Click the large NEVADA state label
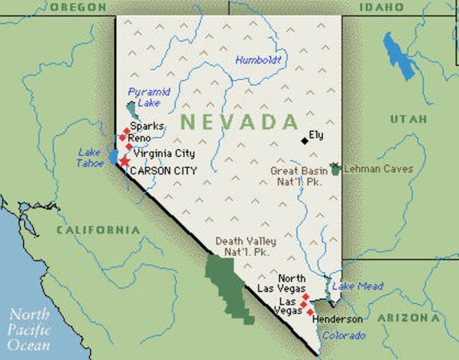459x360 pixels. click(x=239, y=121)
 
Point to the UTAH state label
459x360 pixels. click(x=409, y=119)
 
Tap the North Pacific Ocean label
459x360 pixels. click(x=30, y=330)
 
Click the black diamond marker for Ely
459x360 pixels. click(x=304, y=140)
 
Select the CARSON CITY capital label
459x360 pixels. click(x=163, y=171)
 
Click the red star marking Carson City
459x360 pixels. click(x=124, y=161)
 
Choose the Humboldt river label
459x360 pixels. click(x=257, y=60)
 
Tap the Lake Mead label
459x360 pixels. click(x=358, y=286)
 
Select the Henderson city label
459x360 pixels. click(x=338, y=319)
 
